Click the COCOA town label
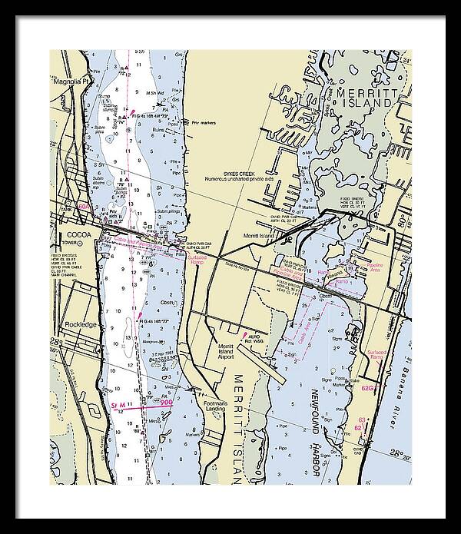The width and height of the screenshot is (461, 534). coord(79,234)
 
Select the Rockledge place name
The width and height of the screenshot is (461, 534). coord(81,324)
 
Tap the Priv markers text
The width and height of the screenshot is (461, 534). coord(204,122)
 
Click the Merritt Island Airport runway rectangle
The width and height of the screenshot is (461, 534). coord(253,360)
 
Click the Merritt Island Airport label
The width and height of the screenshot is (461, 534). coord(230,352)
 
